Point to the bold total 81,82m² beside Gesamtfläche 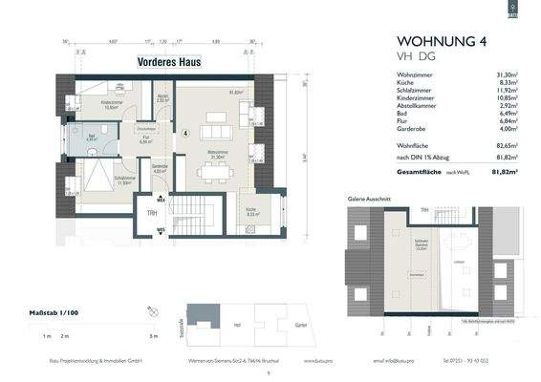pos(502,172)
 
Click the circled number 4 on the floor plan pos(184,134)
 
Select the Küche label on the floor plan pos(249,210)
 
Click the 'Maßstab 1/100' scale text pos(60,313)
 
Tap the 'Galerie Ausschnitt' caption pos(363,201)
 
